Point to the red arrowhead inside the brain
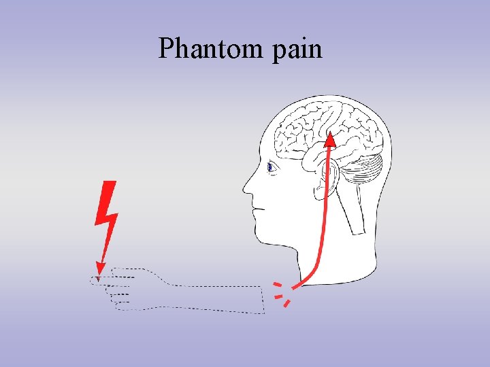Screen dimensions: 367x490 pyautogui.click(x=330, y=140)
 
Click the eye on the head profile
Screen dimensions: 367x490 pyautogui.click(x=270, y=167)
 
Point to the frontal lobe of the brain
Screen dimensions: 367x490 pyautogui.click(x=293, y=126)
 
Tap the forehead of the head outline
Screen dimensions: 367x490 pyautogui.click(x=263, y=136)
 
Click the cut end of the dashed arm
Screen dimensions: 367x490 pyautogui.click(x=263, y=300)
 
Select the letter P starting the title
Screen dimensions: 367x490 pyautogui.click(x=166, y=48)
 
